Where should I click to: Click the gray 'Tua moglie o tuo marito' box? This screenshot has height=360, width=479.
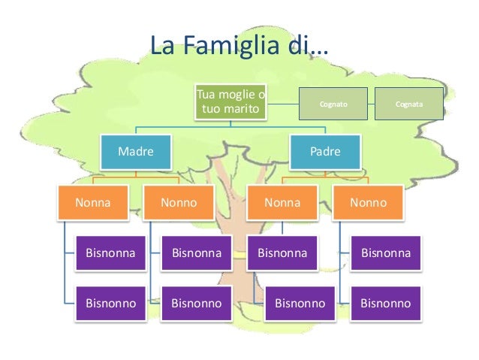pyautogui.click(x=230, y=104)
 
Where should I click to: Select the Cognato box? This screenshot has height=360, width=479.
pyautogui.click(x=333, y=104)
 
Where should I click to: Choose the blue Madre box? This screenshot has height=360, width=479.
pyautogui.click(x=135, y=151)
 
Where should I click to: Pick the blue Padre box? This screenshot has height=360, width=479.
pyautogui.click(x=325, y=151)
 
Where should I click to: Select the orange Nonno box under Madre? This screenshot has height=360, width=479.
pyautogui.click(x=179, y=202)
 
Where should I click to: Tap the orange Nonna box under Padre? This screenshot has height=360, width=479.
pyautogui.click(x=282, y=202)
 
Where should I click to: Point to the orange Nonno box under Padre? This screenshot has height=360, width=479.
pyautogui.click(x=369, y=202)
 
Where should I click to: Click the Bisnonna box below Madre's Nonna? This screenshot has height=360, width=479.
pyautogui.click(x=111, y=253)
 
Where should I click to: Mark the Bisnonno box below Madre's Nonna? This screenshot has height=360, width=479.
pyautogui.click(x=111, y=304)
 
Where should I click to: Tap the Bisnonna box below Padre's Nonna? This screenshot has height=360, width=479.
pyautogui.click(x=282, y=253)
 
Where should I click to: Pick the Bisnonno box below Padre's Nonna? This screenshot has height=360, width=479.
pyautogui.click(x=300, y=304)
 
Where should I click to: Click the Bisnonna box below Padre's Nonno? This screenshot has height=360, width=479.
pyautogui.click(x=386, y=253)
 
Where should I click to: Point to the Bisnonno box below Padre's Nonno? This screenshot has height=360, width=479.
pyautogui.click(x=386, y=304)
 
